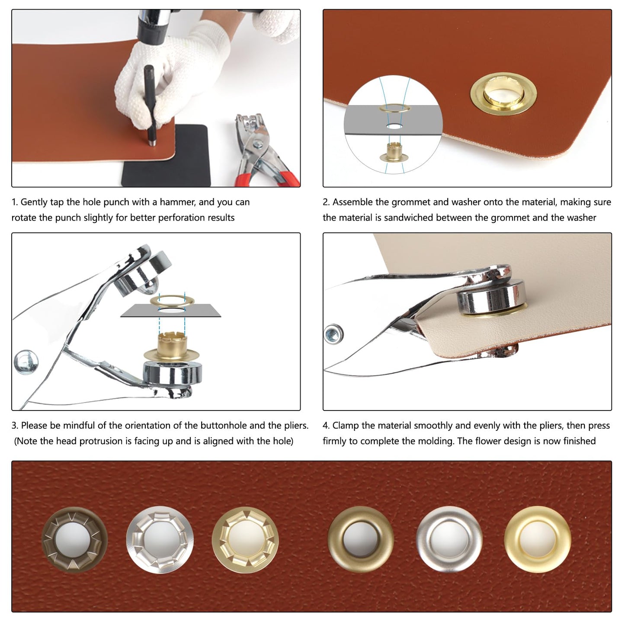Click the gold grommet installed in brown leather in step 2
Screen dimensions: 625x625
tap(503, 94)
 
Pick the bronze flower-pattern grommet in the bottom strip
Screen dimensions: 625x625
tap(74, 540)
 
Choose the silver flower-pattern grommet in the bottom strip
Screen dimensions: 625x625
tap(160, 540)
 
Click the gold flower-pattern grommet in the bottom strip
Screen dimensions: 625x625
tap(245, 540)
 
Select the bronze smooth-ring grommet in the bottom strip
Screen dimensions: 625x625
tap(361, 539)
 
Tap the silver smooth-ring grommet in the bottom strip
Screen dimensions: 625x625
tap(449, 539)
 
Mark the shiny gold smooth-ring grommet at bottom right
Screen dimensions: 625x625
tap(537, 539)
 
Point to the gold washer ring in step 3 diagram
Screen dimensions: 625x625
tap(172, 301)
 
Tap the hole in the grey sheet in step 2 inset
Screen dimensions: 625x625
tap(394, 126)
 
